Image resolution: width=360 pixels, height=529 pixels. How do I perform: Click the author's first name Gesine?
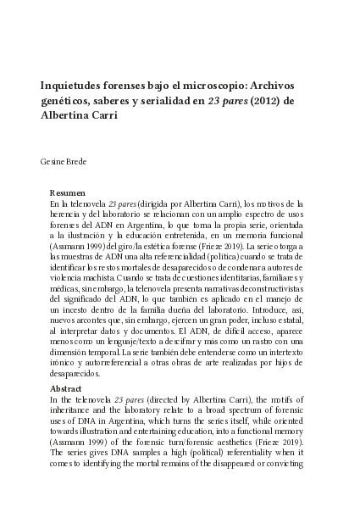53,161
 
